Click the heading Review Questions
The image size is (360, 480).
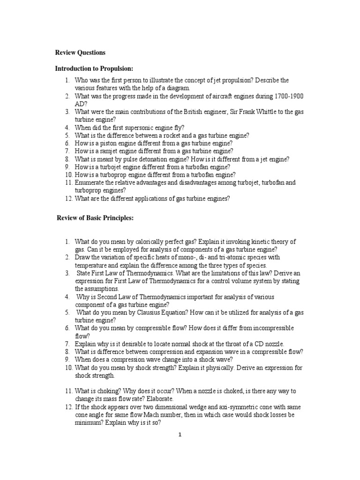(80, 52)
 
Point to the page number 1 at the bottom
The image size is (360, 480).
(180, 435)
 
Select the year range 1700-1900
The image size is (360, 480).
(287, 96)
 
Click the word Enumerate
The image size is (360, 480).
(91, 182)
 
